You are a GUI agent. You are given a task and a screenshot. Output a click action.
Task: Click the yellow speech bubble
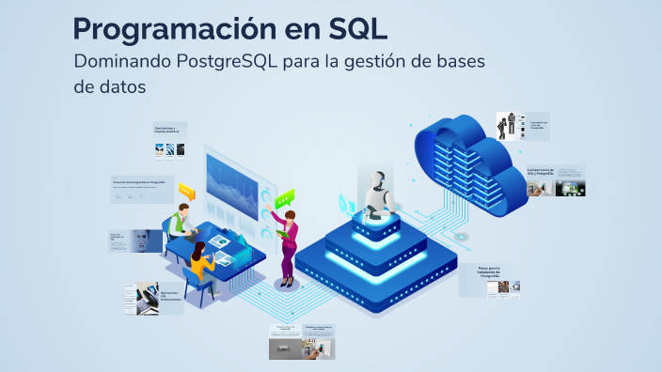[186, 192]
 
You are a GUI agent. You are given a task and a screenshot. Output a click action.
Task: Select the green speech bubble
[284, 197]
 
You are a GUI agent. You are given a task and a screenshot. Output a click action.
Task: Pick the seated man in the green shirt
[179, 224]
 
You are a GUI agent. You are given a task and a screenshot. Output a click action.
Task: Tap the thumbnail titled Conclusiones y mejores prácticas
[169, 139]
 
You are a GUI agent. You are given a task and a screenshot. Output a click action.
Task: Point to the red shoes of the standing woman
[286, 283]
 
